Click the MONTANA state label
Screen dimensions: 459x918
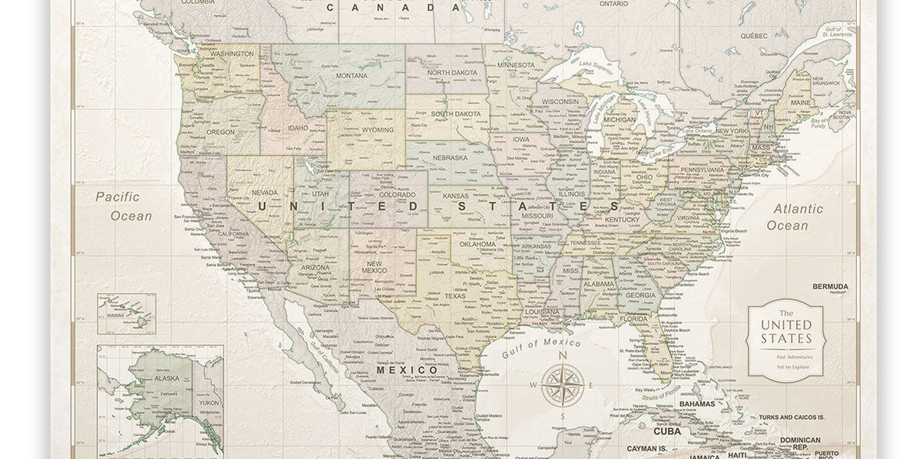tap(351, 75)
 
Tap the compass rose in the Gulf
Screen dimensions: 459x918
tap(562, 385)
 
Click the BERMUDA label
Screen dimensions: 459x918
tap(830, 286)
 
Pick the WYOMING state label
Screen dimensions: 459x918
tap(377, 129)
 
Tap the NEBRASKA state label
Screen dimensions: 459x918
tap(450, 158)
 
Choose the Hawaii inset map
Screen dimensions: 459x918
tap(126, 314)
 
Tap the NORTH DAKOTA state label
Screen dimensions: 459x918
tap(452, 73)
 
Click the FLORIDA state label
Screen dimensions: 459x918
tap(633, 318)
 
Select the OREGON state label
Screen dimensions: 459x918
tap(220, 132)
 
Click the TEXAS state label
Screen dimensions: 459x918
tap(454, 296)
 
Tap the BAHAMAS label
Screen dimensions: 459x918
tap(696, 404)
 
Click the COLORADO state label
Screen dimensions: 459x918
tap(397, 194)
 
